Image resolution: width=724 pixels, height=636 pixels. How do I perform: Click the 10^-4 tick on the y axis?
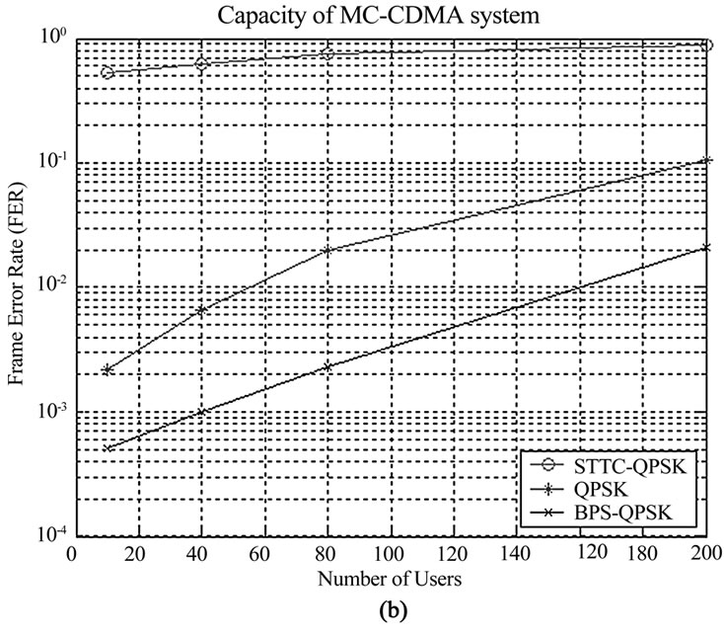(x=51, y=535)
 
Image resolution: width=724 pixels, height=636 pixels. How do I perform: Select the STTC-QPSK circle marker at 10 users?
(x=107, y=73)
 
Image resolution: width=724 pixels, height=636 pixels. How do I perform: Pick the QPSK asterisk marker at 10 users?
(x=107, y=369)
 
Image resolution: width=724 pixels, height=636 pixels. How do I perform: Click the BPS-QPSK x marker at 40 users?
(x=201, y=412)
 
